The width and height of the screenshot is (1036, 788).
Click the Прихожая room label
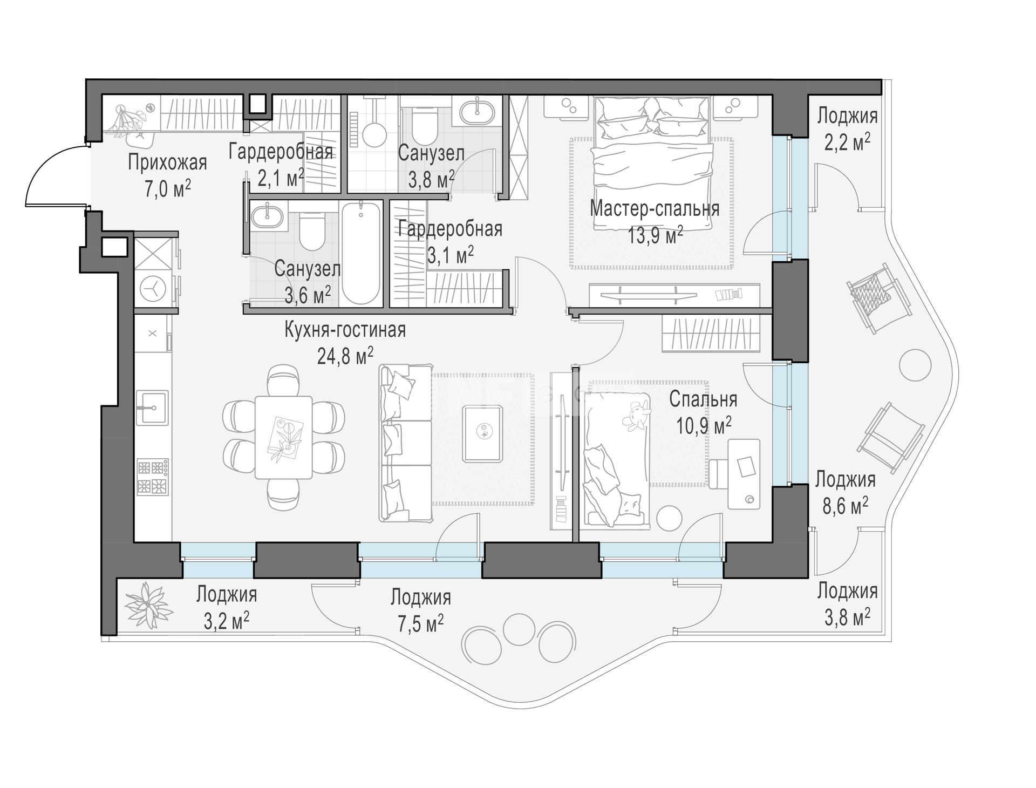click(x=167, y=162)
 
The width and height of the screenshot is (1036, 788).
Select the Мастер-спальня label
click(x=655, y=208)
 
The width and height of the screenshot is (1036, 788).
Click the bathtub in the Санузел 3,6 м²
click(x=361, y=254)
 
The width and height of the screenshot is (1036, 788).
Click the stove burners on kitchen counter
click(x=153, y=477)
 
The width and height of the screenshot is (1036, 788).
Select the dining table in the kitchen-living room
click(x=283, y=437)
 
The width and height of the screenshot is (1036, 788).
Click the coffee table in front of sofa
click(x=483, y=433)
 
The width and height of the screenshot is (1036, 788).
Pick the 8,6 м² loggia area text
click(x=845, y=506)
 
